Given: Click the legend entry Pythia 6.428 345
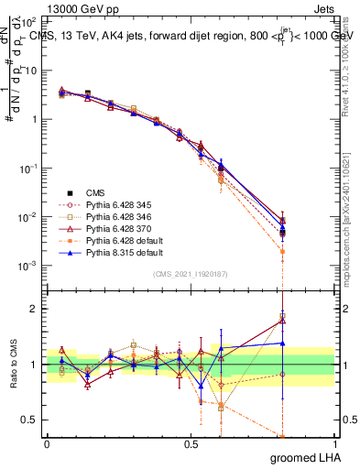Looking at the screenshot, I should [116, 205].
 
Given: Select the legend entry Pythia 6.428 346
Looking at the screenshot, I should [116, 217].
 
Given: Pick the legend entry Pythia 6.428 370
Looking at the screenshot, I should [116, 229].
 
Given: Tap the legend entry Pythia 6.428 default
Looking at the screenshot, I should [119, 241].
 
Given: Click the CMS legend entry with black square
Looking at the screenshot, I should [96, 192].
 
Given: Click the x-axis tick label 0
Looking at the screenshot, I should [47, 442].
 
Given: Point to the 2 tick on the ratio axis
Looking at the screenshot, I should [34, 309].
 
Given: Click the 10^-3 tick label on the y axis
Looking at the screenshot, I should [27, 267].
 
